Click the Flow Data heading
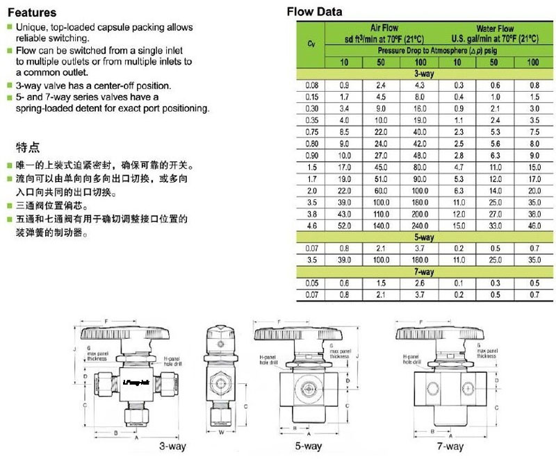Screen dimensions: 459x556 [315, 12]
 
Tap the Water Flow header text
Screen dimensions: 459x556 [496, 28]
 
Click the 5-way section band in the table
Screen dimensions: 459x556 [423, 237]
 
